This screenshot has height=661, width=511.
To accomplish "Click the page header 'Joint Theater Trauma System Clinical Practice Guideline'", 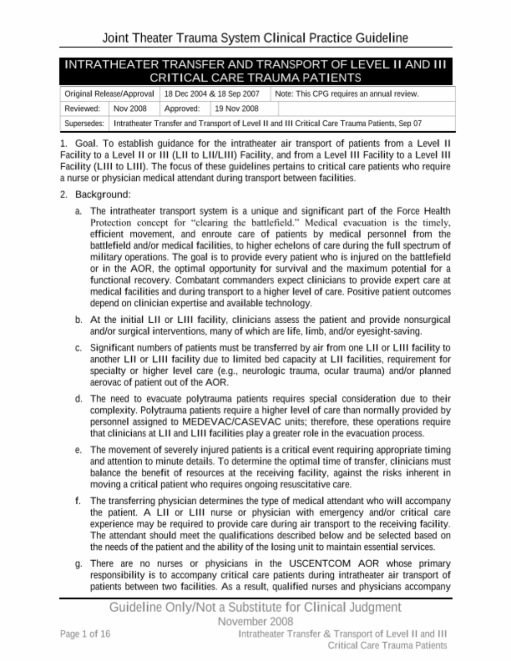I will click(255, 38).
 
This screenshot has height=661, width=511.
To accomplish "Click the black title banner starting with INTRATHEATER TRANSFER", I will click(255, 71).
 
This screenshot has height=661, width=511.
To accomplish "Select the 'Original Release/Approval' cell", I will click(109, 94).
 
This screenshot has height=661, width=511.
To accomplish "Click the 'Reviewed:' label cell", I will click(82, 108).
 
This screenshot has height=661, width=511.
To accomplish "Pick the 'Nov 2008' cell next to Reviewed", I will click(130, 108).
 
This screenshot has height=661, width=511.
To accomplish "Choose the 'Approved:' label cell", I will click(182, 108).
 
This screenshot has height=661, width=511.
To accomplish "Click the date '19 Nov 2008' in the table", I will click(237, 108).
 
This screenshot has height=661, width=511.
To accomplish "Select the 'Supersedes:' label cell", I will click(84, 123).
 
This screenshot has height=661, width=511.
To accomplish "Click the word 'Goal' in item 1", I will click(86, 144).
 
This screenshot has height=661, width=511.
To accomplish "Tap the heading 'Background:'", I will click(103, 195).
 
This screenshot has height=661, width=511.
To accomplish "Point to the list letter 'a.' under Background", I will click(79, 212).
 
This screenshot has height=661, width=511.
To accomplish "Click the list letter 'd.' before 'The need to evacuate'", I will click(79, 399).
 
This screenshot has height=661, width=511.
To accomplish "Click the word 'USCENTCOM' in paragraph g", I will click(320, 564).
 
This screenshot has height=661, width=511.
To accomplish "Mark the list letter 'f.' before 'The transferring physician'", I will click(79, 501).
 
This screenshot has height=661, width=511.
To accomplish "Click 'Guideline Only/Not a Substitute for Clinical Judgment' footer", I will click(255, 607).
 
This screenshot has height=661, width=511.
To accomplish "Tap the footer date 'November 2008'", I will click(255, 622).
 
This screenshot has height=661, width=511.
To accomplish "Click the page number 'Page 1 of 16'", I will click(85, 634).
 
